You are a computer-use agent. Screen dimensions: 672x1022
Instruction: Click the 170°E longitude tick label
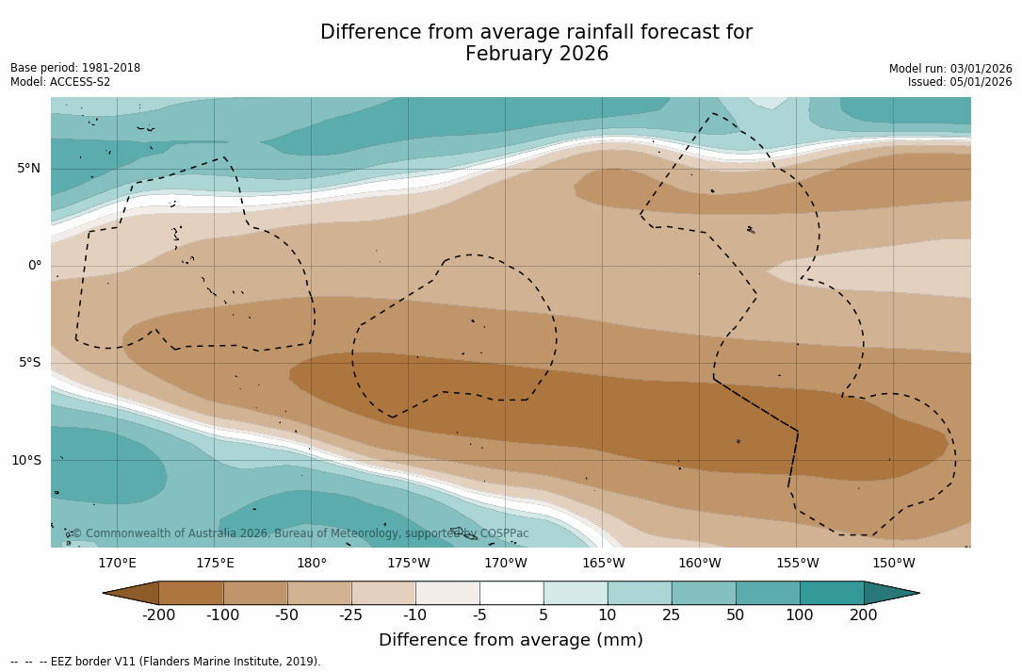click(117, 564)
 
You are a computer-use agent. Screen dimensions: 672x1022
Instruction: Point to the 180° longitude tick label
click(312, 564)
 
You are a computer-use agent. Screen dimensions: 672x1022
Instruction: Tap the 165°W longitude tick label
click(603, 564)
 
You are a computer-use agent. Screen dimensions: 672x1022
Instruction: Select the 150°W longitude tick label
click(894, 564)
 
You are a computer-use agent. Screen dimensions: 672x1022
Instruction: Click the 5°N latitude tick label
click(28, 169)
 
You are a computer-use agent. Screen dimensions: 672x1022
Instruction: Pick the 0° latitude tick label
click(34, 266)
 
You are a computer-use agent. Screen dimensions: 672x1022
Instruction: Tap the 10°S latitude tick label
click(25, 461)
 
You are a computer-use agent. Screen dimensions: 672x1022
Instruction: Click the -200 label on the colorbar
click(158, 615)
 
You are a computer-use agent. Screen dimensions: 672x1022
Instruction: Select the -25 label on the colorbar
click(351, 615)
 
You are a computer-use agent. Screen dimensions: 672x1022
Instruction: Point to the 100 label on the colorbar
click(800, 615)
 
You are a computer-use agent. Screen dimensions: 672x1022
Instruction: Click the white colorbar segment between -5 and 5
click(511, 593)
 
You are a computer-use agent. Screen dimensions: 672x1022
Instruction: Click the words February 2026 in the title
click(537, 55)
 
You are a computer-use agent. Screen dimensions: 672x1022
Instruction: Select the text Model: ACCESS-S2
click(60, 82)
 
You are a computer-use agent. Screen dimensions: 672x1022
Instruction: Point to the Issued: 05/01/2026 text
click(960, 82)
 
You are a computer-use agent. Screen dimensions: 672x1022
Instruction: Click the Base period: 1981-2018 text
click(75, 68)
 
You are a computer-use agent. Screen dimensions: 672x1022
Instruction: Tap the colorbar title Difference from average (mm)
click(511, 641)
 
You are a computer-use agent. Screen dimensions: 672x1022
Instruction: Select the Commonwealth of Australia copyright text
click(300, 533)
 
